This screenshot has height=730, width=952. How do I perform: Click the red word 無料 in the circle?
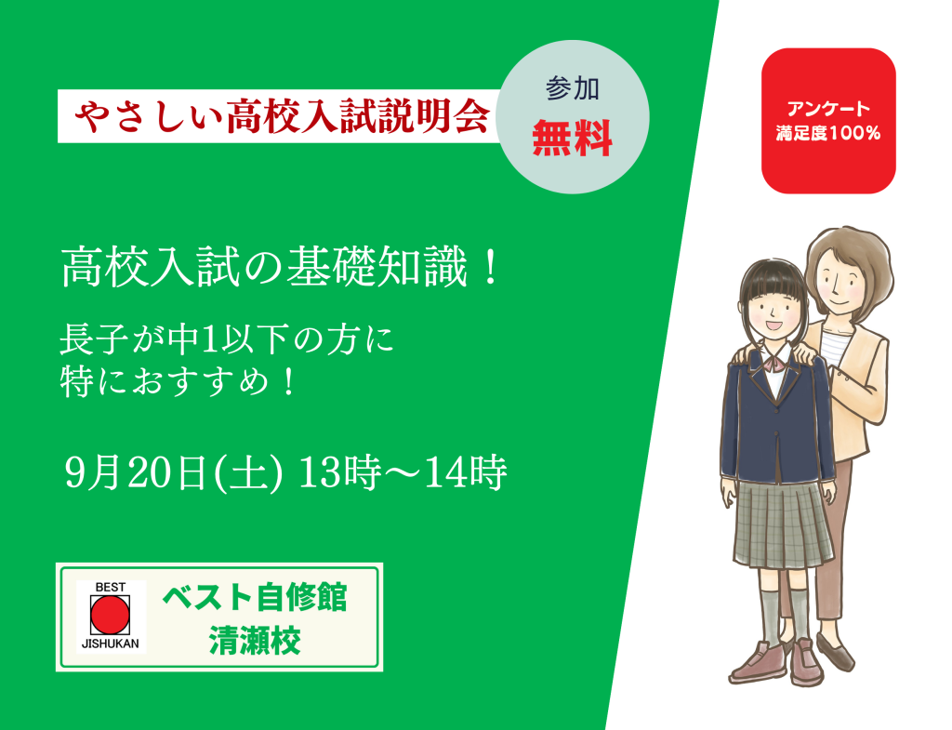click(x=572, y=139)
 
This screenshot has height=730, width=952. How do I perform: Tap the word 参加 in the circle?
click(x=572, y=88)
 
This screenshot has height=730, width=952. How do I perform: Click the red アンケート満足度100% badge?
click(x=828, y=121)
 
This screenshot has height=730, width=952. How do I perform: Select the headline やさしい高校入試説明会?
click(x=283, y=115)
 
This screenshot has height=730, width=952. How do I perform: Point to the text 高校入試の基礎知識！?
click(x=281, y=267)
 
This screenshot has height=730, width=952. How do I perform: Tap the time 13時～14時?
click(x=403, y=472)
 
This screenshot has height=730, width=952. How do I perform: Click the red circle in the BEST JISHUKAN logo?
click(x=110, y=615)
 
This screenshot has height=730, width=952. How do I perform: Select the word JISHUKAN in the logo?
click(x=110, y=644)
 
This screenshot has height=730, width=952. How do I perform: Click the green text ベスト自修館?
click(x=255, y=597)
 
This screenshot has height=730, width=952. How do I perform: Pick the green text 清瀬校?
click(x=255, y=641)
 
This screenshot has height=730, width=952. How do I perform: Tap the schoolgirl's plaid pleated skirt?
click(x=781, y=523)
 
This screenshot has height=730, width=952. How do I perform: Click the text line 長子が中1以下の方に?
click(x=227, y=339)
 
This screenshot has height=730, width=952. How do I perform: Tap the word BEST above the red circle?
click(x=110, y=588)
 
